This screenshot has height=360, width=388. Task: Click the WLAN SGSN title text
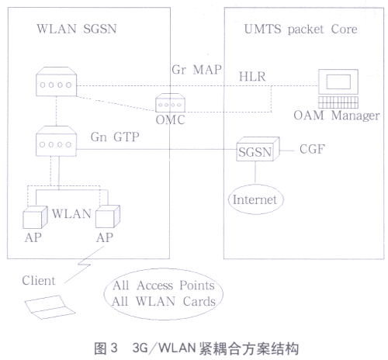pos(77,29)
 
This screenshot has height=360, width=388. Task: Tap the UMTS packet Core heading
pos(300,29)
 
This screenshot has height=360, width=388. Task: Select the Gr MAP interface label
pos(196,70)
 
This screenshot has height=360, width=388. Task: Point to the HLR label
pos(252,77)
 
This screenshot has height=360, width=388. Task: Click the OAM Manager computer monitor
pos(338,81)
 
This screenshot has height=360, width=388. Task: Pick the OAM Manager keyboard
pos(338,102)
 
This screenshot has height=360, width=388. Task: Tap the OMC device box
pos(170,102)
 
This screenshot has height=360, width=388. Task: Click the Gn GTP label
pos(115,137)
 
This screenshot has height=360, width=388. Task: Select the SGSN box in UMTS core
pos(258,149)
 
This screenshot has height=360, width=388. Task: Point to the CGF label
pos(312,149)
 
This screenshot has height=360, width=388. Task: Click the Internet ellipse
pos(256,199)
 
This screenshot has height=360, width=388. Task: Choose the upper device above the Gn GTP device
pos(56,81)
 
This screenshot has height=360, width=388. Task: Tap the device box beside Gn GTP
pos(56,141)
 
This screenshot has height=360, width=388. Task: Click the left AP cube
pos(35,217)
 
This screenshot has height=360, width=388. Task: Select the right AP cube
pos(108,216)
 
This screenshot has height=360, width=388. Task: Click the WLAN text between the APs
pos(71,214)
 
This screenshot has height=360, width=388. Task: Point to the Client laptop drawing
pos(50,307)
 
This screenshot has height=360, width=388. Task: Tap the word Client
pos(39,281)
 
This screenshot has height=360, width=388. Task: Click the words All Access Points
pos(164,286)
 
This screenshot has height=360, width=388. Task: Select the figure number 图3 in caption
pos(106,348)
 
